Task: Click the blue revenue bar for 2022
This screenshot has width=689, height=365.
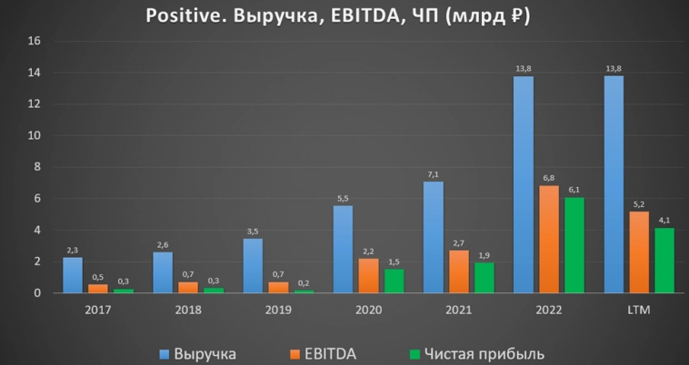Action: [523, 185]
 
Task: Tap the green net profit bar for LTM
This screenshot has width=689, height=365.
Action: [664, 261]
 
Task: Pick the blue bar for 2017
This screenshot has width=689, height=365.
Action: [73, 275]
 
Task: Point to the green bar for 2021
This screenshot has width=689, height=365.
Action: [484, 278]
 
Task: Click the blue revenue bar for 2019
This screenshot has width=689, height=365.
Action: [253, 265]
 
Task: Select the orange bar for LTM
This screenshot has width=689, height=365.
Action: [639, 252]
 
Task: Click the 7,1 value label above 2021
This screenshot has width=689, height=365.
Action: [434, 173]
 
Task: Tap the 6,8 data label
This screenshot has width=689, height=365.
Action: [548, 178]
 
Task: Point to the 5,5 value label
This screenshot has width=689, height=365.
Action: [343, 198]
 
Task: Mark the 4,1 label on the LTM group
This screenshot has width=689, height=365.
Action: [664, 220]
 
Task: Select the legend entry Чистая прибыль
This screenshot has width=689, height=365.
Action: [478, 352]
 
